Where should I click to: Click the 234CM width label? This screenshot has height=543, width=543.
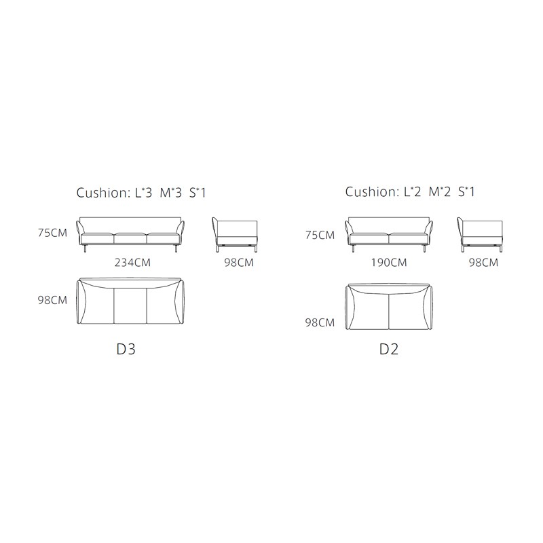[x=132, y=263]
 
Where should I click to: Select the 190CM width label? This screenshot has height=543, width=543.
[x=389, y=263]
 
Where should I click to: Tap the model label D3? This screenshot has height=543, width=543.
[x=126, y=349]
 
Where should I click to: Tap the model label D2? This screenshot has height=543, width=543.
[x=389, y=349]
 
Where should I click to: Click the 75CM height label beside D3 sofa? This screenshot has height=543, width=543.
[x=52, y=233]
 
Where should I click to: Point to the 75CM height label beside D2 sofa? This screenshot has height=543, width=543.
[x=320, y=235]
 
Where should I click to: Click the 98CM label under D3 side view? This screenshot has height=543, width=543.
[x=239, y=263]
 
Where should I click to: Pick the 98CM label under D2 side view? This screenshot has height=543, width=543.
[x=483, y=263]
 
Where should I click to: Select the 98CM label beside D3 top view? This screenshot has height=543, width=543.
[x=52, y=300]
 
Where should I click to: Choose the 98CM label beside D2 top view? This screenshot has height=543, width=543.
[x=320, y=322]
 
